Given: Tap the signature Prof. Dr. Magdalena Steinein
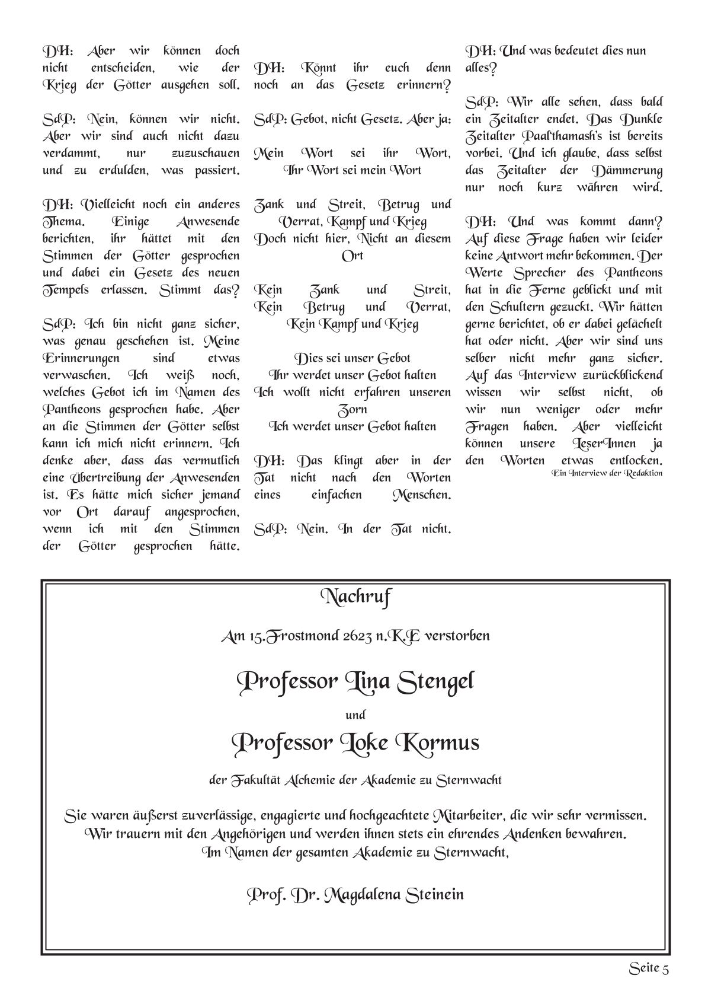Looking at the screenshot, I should [355, 894].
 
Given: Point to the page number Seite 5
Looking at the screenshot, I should [649, 969].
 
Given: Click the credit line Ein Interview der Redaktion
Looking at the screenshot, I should [607, 473].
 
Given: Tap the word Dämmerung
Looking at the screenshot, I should [627, 170].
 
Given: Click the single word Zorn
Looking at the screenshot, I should [352, 410].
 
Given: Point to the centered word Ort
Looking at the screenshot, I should [352, 256].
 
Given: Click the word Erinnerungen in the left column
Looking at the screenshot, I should [81, 358].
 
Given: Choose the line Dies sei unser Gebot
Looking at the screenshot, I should [352, 358].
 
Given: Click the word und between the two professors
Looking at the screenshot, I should [355, 715].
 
